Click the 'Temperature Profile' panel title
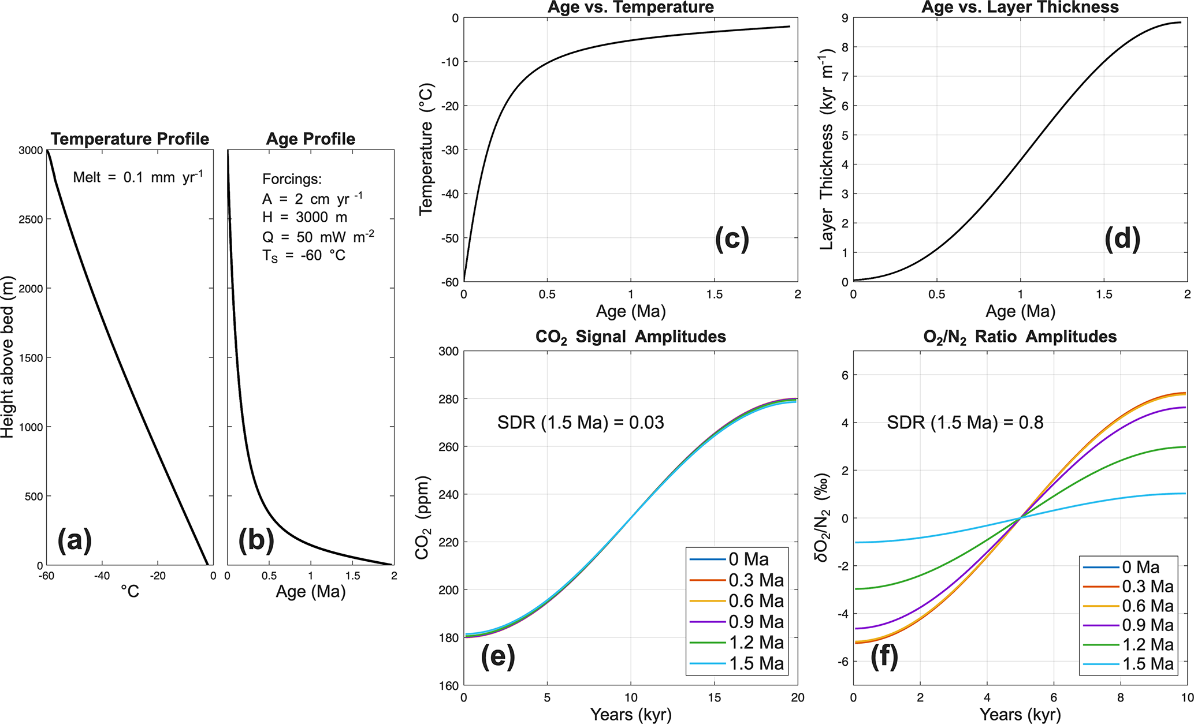point(130,139)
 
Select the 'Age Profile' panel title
point(311,139)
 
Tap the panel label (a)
point(75,540)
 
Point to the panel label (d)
point(1122,238)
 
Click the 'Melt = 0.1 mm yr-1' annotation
point(137,177)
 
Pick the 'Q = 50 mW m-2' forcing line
point(318,237)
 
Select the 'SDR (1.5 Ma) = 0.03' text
point(581,423)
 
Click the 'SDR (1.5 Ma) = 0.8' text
point(965,423)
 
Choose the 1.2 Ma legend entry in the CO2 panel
point(737,643)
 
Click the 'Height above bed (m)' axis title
point(8,357)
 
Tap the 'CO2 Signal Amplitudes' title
point(630,337)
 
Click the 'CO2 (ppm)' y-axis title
point(423,517)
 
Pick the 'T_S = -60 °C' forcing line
point(304,256)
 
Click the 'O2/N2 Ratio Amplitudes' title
point(1020,337)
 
